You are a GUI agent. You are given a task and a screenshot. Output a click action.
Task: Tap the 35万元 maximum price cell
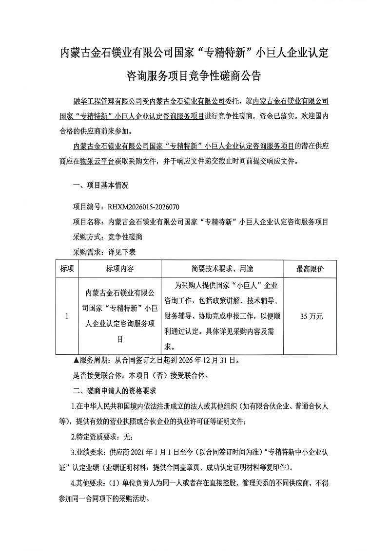pos(311,316)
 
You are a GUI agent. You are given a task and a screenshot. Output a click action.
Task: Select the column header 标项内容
pos(119,269)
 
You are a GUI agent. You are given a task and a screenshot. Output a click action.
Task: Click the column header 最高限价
pos(310,269)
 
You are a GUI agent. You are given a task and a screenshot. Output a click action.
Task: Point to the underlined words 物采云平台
pos(97,161)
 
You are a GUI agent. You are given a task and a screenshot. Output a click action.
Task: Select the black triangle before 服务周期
pos(76,361)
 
